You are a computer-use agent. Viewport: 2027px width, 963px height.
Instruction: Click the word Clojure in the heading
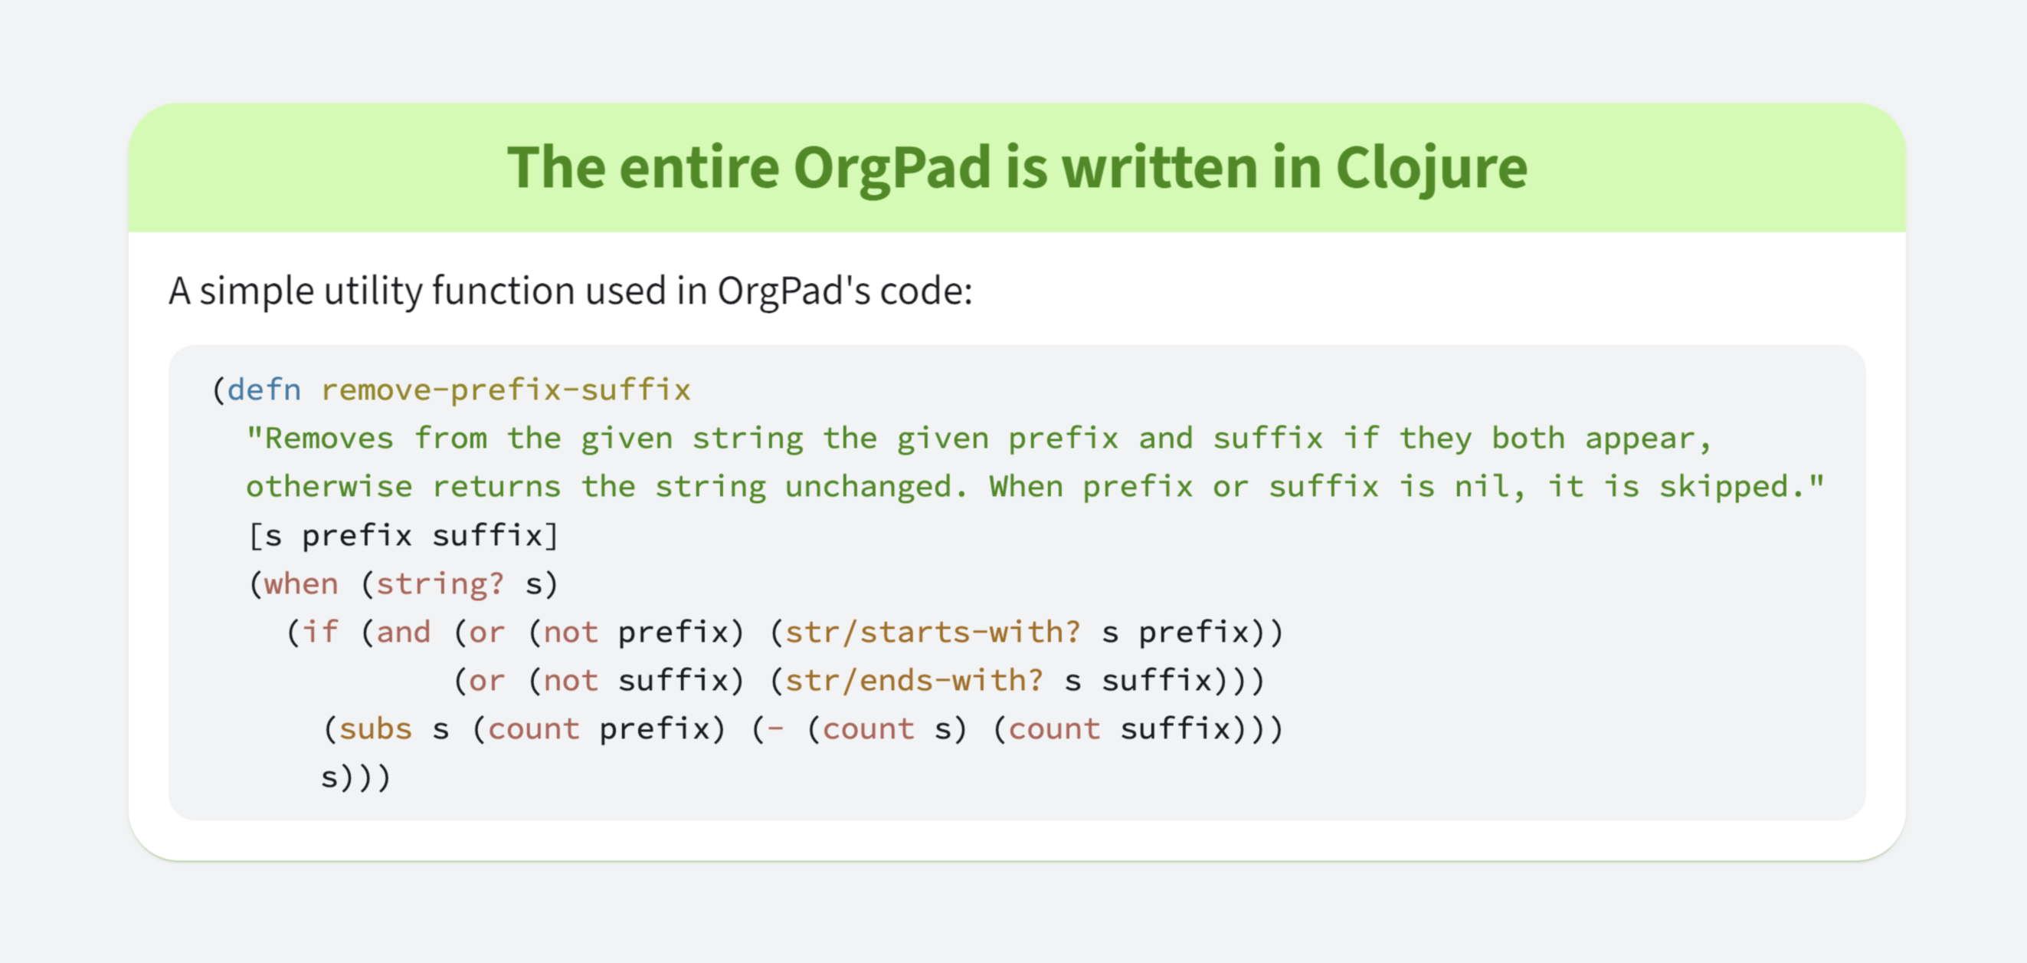tap(1431, 169)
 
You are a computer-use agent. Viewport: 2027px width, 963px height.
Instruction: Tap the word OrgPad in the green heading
tap(892, 169)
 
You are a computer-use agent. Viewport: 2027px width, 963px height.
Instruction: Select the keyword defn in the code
tap(264, 389)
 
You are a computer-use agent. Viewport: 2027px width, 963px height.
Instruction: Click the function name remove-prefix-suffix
tap(506, 389)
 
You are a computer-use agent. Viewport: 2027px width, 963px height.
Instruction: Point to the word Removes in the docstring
tap(329, 439)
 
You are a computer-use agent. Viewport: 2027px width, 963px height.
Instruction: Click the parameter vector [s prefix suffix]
tap(404, 535)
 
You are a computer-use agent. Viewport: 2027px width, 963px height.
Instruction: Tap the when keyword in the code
tap(301, 584)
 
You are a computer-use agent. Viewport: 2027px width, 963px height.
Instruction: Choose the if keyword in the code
tap(320, 633)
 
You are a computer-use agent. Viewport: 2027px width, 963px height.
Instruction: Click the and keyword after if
tap(404, 633)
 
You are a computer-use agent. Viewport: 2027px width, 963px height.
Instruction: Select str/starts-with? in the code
tap(933, 633)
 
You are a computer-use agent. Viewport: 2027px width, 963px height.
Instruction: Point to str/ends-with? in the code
tap(915, 681)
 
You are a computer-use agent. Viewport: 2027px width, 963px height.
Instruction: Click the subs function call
tap(375, 729)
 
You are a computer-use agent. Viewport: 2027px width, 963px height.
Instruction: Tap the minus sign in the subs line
tap(776, 729)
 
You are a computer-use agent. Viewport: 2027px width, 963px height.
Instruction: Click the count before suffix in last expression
tap(1054, 729)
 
